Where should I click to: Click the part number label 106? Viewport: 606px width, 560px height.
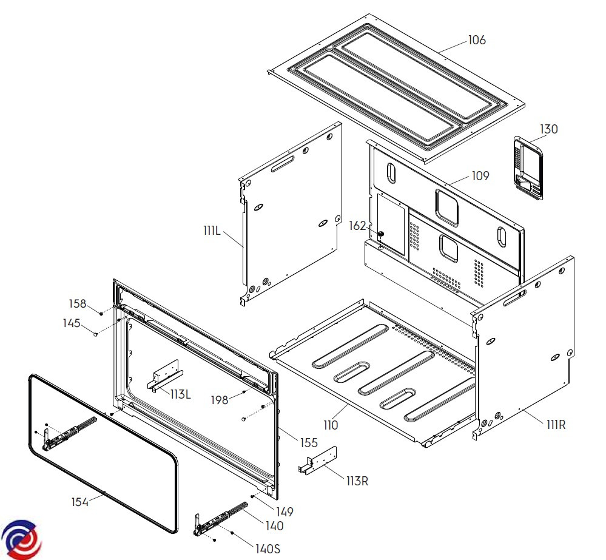[477, 40]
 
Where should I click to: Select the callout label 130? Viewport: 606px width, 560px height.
[549, 129]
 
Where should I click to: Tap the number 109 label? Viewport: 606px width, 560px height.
[480, 176]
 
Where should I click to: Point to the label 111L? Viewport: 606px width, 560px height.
[212, 231]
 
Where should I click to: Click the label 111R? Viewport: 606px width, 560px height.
[556, 425]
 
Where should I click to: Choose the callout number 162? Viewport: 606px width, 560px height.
[357, 226]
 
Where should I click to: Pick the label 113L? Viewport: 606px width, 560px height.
[181, 394]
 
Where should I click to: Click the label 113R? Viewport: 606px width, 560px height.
[357, 481]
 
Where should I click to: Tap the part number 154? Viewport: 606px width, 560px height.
[80, 502]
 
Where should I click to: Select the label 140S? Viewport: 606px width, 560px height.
[268, 549]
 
